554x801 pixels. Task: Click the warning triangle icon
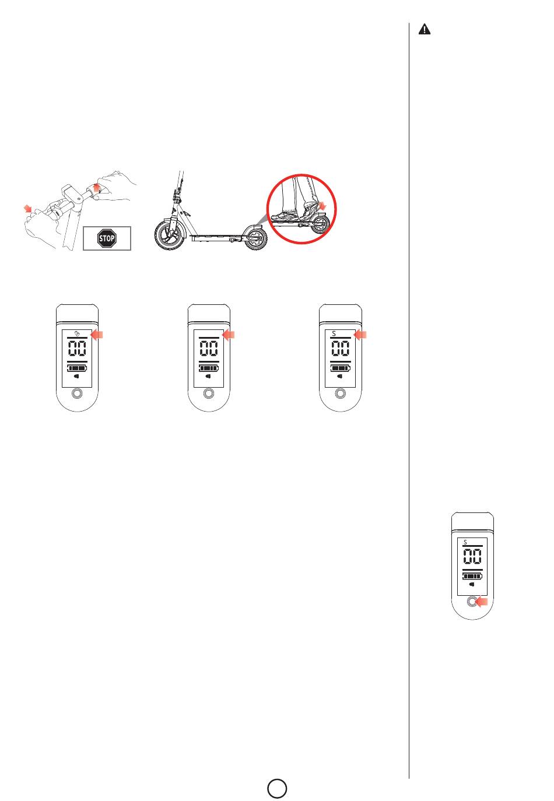pos(424,29)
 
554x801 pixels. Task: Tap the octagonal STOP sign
pos(107,238)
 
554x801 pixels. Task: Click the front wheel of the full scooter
pos(170,234)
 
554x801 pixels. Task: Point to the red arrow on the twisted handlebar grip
pos(96,188)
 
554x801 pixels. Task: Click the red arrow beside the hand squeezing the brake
pos(27,208)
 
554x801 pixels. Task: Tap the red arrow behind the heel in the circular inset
pos(322,206)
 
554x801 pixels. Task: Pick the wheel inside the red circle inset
pos(321,224)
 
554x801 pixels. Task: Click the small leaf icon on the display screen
pos(77,333)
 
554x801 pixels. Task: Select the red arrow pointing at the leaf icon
pos(97,335)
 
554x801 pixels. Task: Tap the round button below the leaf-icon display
pos(77,394)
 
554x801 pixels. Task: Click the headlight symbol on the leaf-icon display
pos(76,376)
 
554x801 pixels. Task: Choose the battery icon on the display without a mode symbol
pos(209,368)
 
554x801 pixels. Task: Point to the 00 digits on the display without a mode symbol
pos(209,348)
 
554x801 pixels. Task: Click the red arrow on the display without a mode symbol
pos(228,335)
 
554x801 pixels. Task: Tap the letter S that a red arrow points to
pos(334,333)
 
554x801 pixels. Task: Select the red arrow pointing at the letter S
pos(360,335)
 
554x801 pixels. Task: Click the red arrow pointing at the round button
pos(481,602)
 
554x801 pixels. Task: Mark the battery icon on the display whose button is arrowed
pos(472,576)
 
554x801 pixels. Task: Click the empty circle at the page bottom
pos(277,788)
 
